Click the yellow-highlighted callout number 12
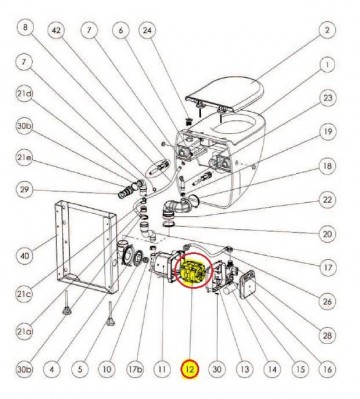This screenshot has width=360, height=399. (x=187, y=369)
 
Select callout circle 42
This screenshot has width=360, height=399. (x=57, y=31)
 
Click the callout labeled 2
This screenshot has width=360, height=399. (x=326, y=31)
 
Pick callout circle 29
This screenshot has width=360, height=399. (x=26, y=188)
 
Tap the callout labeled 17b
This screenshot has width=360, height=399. (x=133, y=369)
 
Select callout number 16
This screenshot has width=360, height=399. (x=326, y=369)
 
